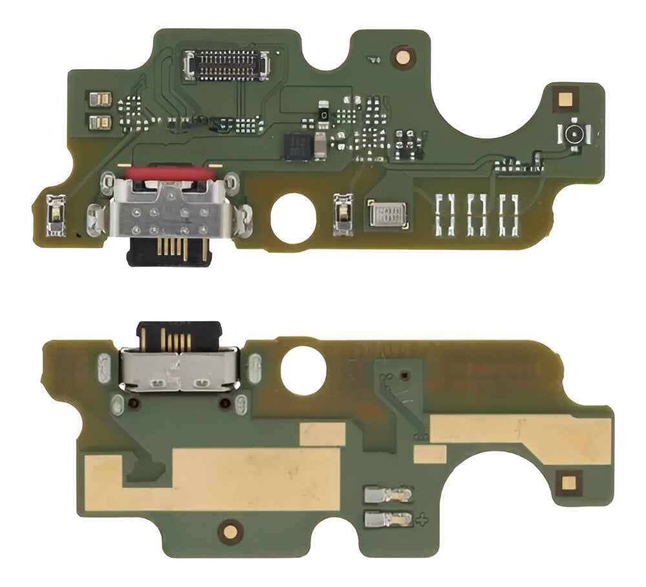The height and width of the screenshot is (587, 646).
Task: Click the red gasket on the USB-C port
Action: click(170, 174)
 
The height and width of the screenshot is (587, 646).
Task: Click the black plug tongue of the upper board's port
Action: click(169, 251)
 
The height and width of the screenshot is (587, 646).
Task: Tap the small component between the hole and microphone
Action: click(342, 213)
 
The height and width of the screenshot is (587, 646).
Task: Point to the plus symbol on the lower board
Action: click(424, 518)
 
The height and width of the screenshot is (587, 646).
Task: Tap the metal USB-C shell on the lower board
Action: click(180, 370)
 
